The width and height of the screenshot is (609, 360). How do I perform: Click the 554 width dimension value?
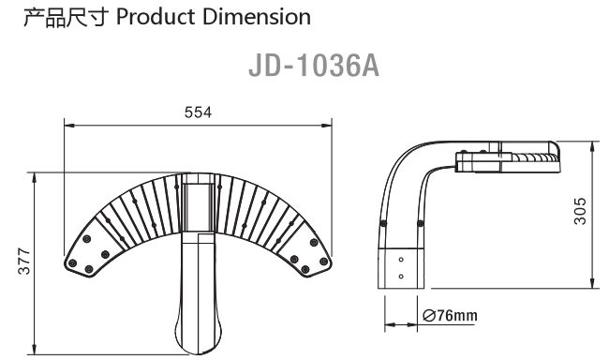point(198,112)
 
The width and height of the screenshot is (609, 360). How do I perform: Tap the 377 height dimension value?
point(24,261)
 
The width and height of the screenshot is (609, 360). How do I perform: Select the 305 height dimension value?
point(580,211)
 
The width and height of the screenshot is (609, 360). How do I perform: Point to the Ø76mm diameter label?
point(450,315)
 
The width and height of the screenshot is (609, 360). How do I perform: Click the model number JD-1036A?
point(314,66)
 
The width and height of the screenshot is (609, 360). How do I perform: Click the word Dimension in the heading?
point(257,17)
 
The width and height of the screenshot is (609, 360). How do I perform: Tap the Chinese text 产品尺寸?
point(65,18)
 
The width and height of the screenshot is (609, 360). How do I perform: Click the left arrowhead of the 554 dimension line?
point(69,126)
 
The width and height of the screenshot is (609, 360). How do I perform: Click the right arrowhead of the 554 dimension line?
point(327,126)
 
